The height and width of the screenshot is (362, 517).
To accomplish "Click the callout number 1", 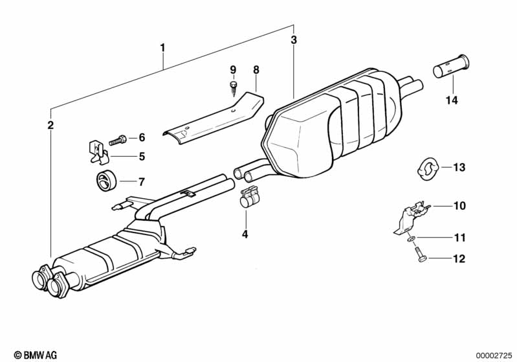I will (162, 47).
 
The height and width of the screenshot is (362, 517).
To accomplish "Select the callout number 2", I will (50, 125).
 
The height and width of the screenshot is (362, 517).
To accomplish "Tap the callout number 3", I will (294, 40).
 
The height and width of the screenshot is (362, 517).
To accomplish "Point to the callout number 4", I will (245, 234).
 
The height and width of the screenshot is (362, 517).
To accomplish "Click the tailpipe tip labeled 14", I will (451, 67).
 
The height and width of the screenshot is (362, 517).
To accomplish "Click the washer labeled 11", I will (411, 240).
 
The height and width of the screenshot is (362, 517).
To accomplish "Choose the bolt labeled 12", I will (421, 256).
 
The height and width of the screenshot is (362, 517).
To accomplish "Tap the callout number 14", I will (451, 100).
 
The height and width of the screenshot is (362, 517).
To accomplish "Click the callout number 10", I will (459, 207).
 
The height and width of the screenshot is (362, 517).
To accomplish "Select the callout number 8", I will (256, 69).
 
